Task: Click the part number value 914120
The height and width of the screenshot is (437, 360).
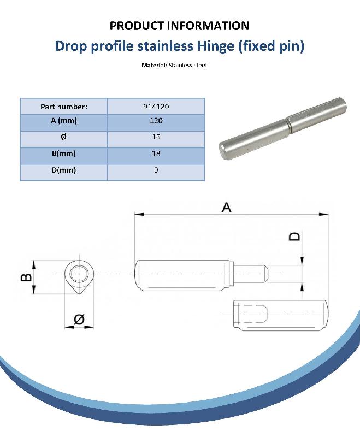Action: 156,107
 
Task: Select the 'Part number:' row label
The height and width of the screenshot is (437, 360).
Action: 64,107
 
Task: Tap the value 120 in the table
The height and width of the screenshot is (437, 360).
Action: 156,120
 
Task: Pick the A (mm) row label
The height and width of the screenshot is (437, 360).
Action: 64,121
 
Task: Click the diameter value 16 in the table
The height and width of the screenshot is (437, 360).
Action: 156,137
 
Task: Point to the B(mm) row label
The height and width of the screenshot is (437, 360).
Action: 64,153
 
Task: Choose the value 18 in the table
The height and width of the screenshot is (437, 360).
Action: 156,153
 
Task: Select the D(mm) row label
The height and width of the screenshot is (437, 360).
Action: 64,170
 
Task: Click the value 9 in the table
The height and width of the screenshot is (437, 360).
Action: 156,170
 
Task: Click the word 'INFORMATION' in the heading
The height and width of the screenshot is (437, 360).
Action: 208,26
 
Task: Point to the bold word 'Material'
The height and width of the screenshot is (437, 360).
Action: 154,65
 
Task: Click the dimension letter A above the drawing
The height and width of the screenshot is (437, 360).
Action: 226,208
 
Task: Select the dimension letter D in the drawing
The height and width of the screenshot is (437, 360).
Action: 295,237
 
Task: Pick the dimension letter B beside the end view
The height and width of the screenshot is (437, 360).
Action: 26,277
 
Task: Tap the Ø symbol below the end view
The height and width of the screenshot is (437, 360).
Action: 79,319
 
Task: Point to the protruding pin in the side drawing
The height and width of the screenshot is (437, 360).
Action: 251,274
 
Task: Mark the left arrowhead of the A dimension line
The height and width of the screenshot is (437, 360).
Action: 139,214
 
